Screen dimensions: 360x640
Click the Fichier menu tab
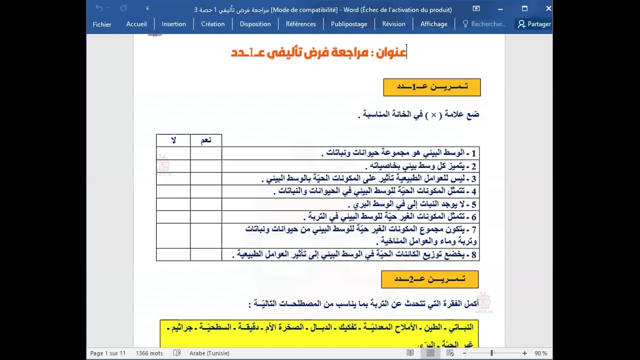[102, 24]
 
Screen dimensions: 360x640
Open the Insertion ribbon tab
[173, 24]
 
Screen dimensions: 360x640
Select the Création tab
[212, 24]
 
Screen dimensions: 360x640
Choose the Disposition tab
[255, 24]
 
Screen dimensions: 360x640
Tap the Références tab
[300, 24]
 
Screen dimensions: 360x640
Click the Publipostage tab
[349, 24]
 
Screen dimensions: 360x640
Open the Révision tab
[393, 24]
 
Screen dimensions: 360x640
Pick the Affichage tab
[433, 24]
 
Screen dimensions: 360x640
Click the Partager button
[534, 24]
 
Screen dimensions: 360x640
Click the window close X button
[548, 8]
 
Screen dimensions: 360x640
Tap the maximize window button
[524, 8]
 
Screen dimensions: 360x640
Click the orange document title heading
[318, 52]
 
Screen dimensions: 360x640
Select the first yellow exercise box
[431, 87]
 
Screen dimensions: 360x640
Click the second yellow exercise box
[429, 279]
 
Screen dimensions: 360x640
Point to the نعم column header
[206, 140]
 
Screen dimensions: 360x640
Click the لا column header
[173, 140]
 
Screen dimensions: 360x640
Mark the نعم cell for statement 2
[206, 166]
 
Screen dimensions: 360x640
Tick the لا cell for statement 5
[173, 204]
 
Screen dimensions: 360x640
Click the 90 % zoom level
[540, 353]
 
